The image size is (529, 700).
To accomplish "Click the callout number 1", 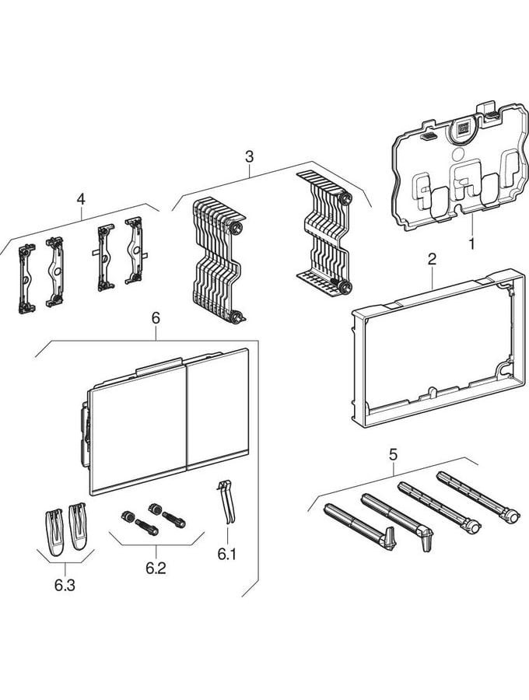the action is pyautogui.click(x=471, y=243).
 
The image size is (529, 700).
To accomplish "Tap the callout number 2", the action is pyautogui.click(x=432, y=259).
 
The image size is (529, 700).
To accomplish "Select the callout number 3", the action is pyautogui.click(x=249, y=156).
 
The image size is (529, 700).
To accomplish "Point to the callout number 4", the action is pyautogui.click(x=81, y=199).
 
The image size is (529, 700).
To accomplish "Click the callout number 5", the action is pyautogui.click(x=393, y=454).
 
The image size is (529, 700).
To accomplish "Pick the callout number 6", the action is pyautogui.click(x=156, y=318).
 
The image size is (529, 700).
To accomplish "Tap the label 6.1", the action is pyautogui.click(x=227, y=554).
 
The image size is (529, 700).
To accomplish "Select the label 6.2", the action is pyautogui.click(x=156, y=568).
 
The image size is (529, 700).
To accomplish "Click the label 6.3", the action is pyautogui.click(x=65, y=585).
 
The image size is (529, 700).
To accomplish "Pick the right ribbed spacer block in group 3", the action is pyautogui.click(x=324, y=232).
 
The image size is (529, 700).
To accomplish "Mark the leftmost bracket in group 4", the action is pyautogui.click(x=26, y=278).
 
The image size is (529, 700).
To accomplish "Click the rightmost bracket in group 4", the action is pyautogui.click(x=135, y=250).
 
